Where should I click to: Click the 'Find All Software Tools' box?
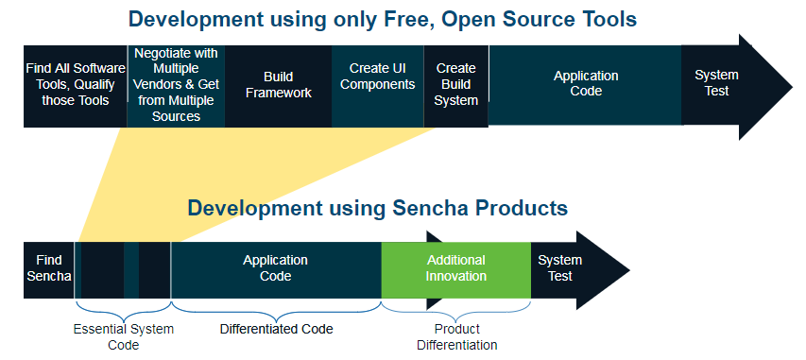(75, 86)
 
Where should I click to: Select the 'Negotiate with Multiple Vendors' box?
(176, 86)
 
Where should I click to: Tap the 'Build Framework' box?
(278, 86)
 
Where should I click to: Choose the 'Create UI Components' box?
(378, 86)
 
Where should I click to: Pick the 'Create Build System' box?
(456, 86)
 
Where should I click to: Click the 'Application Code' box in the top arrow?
(585, 85)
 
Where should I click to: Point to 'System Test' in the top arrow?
(716, 83)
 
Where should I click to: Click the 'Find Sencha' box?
(49, 270)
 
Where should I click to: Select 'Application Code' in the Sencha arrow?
(276, 270)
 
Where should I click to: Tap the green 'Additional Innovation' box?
(456, 270)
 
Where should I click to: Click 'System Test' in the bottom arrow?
(559, 268)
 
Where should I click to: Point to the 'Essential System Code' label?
(124, 337)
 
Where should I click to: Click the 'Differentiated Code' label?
(277, 329)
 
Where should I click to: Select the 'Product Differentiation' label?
(457, 337)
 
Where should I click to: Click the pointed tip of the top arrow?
(793, 86)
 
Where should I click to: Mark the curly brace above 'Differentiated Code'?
(276, 311)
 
